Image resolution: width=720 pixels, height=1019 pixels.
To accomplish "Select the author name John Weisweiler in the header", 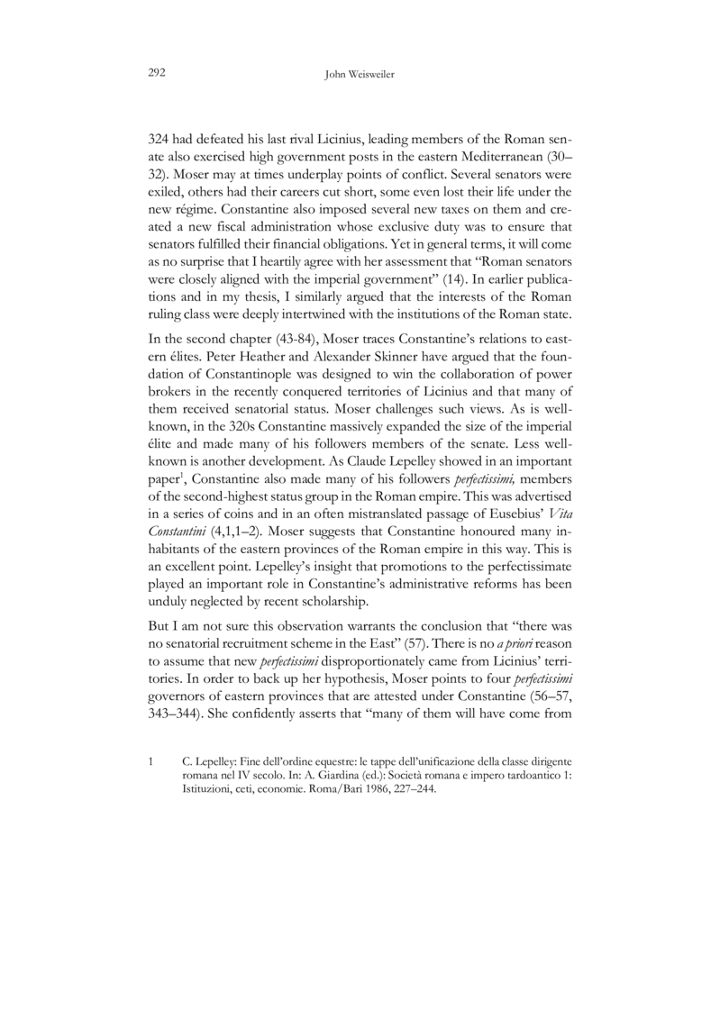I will (x=360, y=77).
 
